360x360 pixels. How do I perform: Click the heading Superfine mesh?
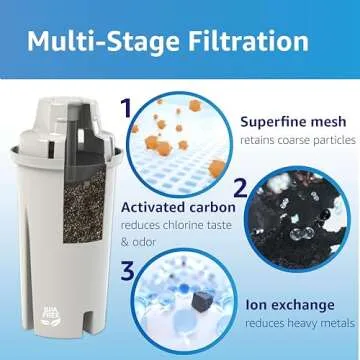pyautogui.click(x=293, y=122)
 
